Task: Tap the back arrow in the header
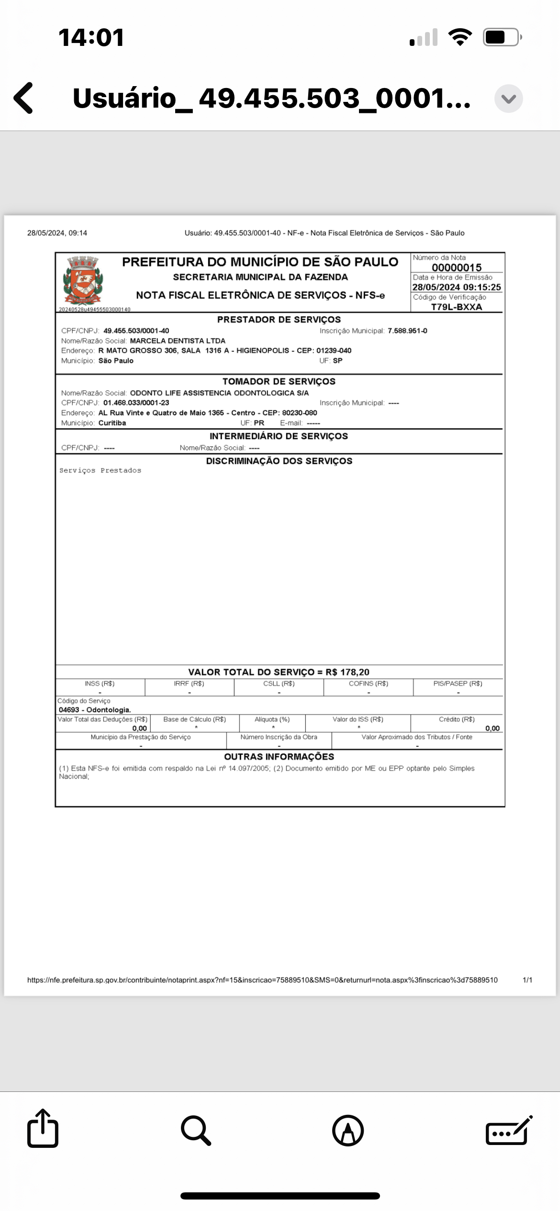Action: pyautogui.click(x=24, y=98)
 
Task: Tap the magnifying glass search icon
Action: pyautogui.click(x=196, y=1131)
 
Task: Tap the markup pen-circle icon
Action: pyautogui.click(x=348, y=1131)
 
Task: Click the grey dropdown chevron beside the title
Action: pyautogui.click(x=508, y=99)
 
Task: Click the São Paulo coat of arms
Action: pyautogui.click(x=83, y=281)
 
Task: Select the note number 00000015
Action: pyautogui.click(x=457, y=267)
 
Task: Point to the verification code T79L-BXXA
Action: pyautogui.click(x=457, y=307)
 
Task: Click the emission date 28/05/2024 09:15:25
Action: pyautogui.click(x=457, y=287)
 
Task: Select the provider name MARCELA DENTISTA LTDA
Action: pyautogui.click(x=178, y=341)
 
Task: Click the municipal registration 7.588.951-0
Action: pyautogui.click(x=407, y=331)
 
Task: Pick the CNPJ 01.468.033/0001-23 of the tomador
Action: pyautogui.click(x=136, y=403)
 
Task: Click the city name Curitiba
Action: pyautogui.click(x=112, y=423)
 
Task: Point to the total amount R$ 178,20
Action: pyautogui.click(x=347, y=672)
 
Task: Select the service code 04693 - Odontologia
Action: pyautogui.click(x=95, y=710)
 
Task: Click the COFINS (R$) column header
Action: pyautogui.click(x=369, y=683)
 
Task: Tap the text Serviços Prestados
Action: pyautogui.click(x=100, y=471)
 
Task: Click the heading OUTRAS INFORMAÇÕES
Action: pyautogui.click(x=279, y=757)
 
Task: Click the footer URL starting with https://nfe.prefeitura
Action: pyautogui.click(x=262, y=980)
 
